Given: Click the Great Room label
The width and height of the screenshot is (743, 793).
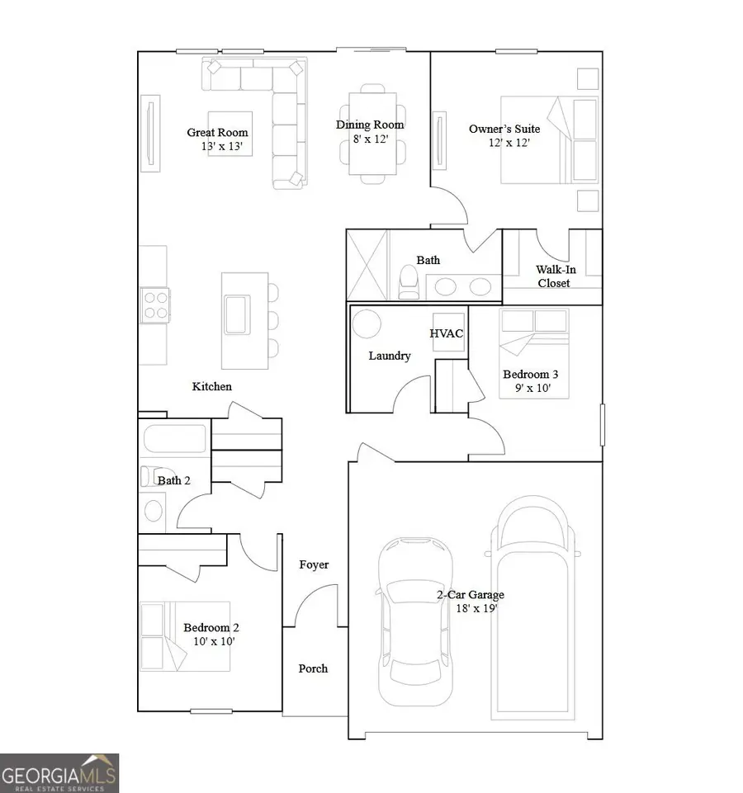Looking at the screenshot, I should pyautogui.click(x=217, y=132).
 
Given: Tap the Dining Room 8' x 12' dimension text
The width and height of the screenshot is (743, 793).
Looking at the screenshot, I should pyautogui.click(x=370, y=139).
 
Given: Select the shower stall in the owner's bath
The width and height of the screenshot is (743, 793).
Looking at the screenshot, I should pyautogui.click(x=367, y=265).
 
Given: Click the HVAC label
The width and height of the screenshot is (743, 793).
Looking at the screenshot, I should pyautogui.click(x=447, y=333).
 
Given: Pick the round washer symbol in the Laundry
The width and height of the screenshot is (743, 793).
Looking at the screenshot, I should pyautogui.click(x=366, y=323).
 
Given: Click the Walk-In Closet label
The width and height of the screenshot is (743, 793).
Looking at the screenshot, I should pyautogui.click(x=553, y=276).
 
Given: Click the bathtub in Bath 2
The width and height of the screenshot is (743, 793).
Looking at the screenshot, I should pyautogui.click(x=174, y=438).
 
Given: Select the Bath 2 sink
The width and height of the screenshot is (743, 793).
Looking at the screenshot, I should pyautogui.click(x=154, y=511).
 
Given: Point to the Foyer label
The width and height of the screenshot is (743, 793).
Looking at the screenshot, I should pyautogui.click(x=314, y=564).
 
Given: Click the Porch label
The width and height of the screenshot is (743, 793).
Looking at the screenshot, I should pyautogui.click(x=313, y=668).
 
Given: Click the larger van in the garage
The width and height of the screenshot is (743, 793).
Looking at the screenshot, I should pyautogui.click(x=533, y=602).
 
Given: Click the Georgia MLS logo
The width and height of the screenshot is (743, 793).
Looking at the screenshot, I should pyautogui.click(x=59, y=773).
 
